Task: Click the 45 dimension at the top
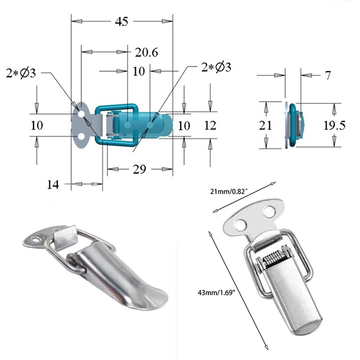[122, 22]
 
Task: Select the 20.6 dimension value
[146, 52]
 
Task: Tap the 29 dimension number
[139, 170]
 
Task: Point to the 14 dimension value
[53, 184]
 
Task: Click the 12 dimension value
[210, 126]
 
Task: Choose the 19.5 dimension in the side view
[334, 125]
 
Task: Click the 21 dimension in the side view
[265, 125]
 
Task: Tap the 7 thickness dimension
[328, 75]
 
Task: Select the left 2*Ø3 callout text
[21, 73]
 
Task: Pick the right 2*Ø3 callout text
[216, 67]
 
